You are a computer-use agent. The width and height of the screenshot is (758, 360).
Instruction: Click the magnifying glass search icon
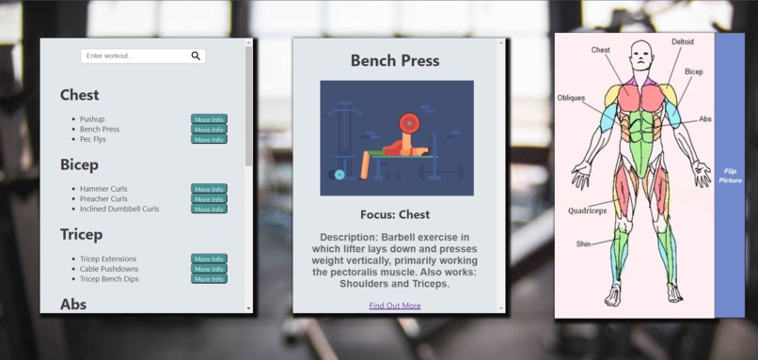point(196,56)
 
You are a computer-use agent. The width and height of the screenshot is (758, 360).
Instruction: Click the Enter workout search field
point(134,56)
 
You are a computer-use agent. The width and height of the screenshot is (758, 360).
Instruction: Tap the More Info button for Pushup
point(209,119)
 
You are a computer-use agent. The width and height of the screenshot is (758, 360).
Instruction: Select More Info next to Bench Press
point(209,130)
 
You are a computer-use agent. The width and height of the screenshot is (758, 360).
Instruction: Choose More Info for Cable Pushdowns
point(209,269)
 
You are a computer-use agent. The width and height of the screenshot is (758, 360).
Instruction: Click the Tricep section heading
point(81,234)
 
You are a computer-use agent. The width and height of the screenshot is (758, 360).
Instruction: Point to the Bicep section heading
point(79,164)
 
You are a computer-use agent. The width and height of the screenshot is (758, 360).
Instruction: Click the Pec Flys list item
point(93,139)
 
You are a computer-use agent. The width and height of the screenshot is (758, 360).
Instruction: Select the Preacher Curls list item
point(103,199)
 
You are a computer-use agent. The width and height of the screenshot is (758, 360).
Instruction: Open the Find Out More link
point(395,305)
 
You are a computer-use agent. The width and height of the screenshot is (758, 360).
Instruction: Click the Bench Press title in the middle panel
point(395,61)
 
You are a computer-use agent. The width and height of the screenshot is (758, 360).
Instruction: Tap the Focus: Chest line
point(395,214)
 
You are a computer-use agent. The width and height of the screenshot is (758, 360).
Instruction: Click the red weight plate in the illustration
point(408,122)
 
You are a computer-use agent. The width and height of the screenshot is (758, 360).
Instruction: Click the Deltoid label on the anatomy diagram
point(684,42)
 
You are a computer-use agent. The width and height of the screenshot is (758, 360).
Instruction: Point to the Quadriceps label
point(588,211)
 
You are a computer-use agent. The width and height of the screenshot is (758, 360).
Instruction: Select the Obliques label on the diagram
point(571,98)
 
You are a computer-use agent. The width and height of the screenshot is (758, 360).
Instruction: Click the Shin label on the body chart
point(584,244)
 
